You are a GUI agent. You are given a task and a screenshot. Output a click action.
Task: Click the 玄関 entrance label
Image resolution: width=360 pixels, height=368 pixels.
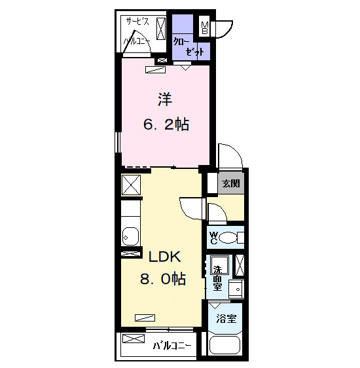231,183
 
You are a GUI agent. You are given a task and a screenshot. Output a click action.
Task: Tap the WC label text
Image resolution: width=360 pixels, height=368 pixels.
213,238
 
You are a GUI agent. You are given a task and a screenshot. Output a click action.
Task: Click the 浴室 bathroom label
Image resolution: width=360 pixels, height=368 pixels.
226,318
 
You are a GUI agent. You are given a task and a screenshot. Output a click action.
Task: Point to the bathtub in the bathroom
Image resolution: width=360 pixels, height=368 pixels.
225,345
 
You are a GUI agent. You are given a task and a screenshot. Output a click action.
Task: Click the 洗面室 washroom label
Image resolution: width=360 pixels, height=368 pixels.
218,278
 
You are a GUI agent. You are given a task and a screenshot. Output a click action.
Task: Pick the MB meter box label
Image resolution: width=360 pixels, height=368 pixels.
205,28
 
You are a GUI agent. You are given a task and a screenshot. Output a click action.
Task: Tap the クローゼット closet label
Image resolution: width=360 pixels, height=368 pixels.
189,46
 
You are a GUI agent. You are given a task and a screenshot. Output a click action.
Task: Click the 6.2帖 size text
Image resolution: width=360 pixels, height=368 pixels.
166,124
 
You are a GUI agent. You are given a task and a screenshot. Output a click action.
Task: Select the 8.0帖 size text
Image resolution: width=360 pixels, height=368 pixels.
163,279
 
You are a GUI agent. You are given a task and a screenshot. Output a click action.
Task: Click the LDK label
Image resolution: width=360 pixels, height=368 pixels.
165,257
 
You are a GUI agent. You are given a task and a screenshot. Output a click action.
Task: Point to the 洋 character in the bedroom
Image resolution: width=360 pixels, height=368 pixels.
165,100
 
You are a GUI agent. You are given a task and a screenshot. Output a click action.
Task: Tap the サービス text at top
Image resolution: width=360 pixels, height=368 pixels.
137,22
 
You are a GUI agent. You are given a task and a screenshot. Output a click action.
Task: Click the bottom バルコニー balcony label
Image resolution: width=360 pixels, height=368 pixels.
172,346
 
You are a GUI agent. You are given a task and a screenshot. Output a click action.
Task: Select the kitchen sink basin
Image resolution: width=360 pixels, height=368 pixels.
130,236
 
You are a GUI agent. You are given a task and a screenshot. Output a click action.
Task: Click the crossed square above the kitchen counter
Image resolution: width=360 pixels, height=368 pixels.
131,185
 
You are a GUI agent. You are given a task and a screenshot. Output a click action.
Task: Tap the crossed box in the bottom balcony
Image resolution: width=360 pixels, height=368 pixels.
134,339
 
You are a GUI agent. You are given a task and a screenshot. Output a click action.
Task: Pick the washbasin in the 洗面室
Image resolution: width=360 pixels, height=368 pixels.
236,288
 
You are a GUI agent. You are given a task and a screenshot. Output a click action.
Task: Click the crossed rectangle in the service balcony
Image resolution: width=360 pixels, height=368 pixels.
161,29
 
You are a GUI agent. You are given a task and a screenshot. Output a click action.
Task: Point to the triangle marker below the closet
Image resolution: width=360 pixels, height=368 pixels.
185,68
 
